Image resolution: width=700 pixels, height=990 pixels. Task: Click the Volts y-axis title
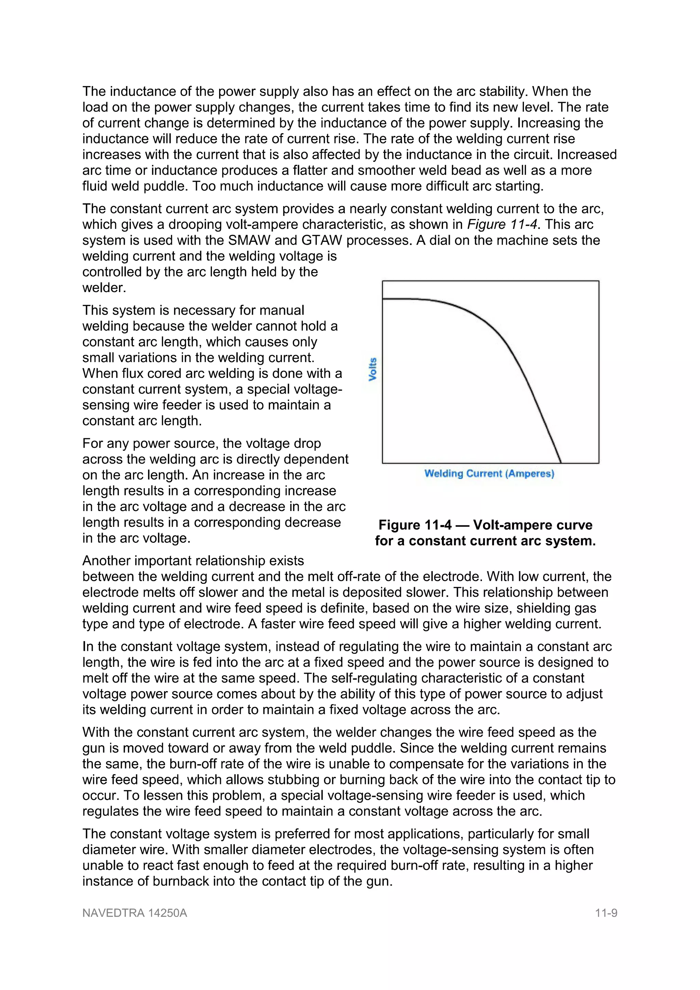pyautogui.click(x=373, y=369)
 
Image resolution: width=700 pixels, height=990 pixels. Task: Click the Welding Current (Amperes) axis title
pyautogui.click(x=489, y=473)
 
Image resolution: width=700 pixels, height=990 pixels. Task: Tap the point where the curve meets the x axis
pyautogui.click(x=561, y=463)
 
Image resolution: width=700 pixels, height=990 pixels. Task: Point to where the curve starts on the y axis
pyautogui.click(x=383, y=298)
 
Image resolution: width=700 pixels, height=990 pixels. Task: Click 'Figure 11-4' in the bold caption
pyautogui.click(x=415, y=525)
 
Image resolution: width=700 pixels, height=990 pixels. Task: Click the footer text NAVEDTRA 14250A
pyautogui.click(x=135, y=913)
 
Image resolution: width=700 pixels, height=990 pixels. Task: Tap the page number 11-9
pyautogui.click(x=606, y=913)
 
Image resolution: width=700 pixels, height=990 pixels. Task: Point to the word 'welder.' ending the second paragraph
pyautogui.click(x=104, y=288)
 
